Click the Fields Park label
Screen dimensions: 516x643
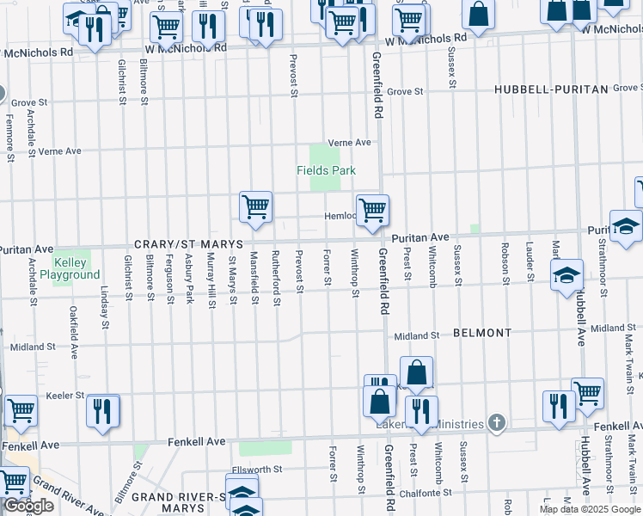(x=326, y=170)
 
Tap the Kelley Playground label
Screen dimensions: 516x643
(x=76, y=268)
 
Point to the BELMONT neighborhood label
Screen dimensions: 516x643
(x=481, y=332)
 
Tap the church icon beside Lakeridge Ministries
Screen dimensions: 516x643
(x=495, y=421)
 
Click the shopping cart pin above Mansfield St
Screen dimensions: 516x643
(x=255, y=207)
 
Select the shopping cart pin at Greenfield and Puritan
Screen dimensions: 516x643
(x=372, y=210)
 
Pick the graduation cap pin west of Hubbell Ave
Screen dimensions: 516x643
(x=566, y=275)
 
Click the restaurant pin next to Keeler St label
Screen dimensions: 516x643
(x=103, y=410)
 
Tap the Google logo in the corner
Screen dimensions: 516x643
(x=29, y=507)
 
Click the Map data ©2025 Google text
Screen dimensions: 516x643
(x=590, y=509)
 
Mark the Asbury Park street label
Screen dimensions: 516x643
(x=190, y=278)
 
